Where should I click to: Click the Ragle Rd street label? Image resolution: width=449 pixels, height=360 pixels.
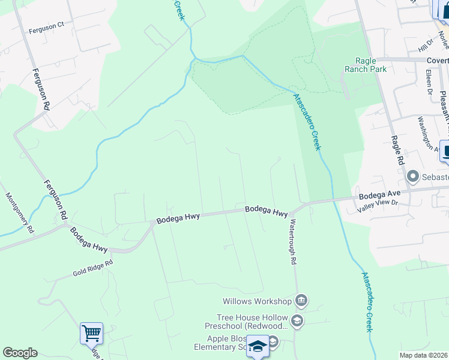[x=397, y=150]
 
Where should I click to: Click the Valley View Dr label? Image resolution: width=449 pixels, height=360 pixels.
[x=377, y=206]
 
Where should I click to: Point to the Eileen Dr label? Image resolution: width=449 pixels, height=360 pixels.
[x=429, y=83]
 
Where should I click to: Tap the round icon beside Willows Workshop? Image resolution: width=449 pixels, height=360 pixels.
[x=301, y=301]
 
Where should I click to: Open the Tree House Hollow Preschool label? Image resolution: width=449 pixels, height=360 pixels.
[x=252, y=322]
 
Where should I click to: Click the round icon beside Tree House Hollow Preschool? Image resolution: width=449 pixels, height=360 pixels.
[x=296, y=321]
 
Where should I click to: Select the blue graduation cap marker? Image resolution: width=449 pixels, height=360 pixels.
[x=258, y=347]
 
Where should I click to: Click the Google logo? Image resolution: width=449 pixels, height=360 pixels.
[x=20, y=353]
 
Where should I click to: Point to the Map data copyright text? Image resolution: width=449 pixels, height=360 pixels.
[x=423, y=355]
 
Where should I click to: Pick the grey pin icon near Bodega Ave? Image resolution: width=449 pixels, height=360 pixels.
[x=412, y=177]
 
